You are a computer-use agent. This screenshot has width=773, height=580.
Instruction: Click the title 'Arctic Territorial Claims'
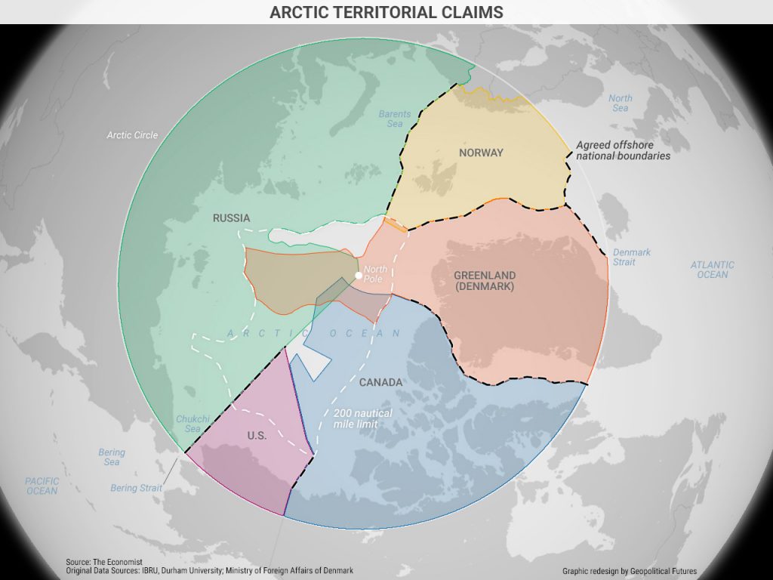click(386, 12)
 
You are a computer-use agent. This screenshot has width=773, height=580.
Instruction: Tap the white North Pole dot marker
click(359, 275)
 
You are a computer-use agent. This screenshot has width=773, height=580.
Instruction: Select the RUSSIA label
click(231, 218)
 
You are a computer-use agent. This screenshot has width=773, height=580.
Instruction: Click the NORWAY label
click(481, 153)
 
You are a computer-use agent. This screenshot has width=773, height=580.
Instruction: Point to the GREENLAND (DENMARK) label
click(485, 281)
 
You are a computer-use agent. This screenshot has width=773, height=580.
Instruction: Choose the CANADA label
click(380, 383)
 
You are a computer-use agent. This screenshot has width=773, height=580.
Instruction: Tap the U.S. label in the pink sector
click(257, 436)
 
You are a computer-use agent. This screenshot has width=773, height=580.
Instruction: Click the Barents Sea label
click(395, 119)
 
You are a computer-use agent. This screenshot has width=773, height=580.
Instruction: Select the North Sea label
click(621, 103)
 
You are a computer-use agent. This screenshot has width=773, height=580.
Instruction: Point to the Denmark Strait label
click(631, 257)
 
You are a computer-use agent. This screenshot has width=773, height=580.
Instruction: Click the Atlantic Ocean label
click(712, 270)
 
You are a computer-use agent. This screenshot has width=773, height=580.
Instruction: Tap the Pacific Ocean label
click(42, 486)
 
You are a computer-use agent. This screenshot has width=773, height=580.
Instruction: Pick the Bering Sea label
click(112, 457)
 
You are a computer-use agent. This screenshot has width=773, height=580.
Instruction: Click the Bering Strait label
click(136, 489)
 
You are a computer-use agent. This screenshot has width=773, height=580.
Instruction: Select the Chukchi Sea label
click(189, 424)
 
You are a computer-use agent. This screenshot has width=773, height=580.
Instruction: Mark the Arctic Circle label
click(132, 135)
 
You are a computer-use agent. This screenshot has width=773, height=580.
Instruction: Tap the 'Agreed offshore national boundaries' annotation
click(623, 150)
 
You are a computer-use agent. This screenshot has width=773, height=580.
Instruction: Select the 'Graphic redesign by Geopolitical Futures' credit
click(629, 571)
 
